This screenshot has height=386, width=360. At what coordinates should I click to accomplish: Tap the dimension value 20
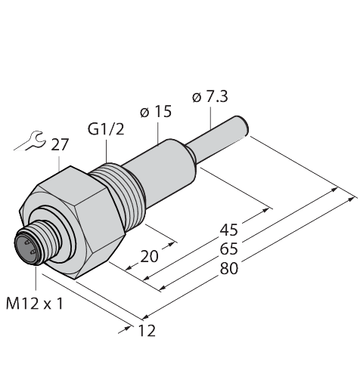150,257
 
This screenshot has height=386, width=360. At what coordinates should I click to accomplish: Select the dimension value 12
147,330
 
